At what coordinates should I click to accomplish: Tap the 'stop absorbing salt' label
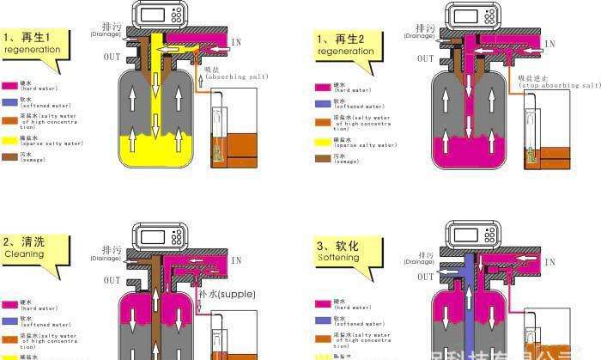(x=558, y=82)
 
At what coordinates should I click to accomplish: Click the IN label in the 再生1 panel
(x=236, y=42)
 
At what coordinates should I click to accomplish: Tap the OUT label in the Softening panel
(x=426, y=277)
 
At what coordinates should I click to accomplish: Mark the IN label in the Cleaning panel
(x=236, y=259)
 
